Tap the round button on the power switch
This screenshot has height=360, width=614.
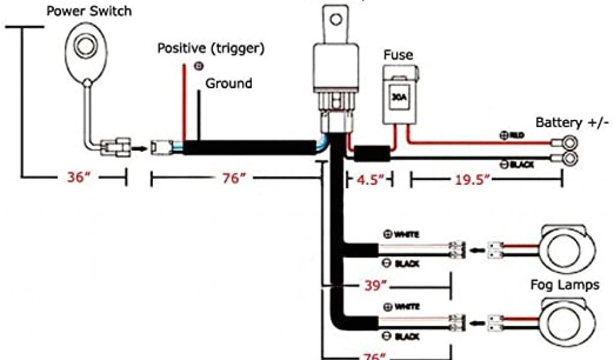86,47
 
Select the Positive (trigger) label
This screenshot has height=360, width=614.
211,47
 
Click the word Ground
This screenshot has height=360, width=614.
229,83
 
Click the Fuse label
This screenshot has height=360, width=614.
398,55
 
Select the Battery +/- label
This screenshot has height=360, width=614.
572,123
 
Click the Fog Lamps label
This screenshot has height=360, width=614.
564,285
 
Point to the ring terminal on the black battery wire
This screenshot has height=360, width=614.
568,160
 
